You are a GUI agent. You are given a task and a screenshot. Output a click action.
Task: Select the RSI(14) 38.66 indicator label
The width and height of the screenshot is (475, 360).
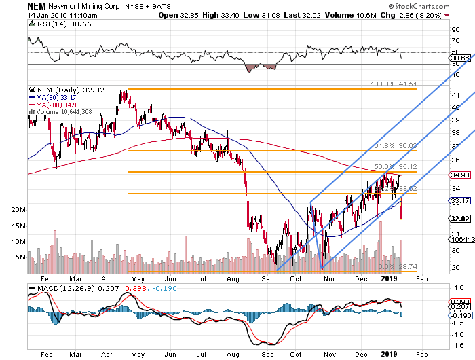tap(53, 24)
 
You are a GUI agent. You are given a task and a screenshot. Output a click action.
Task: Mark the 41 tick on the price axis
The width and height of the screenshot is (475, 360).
tap(455, 96)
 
